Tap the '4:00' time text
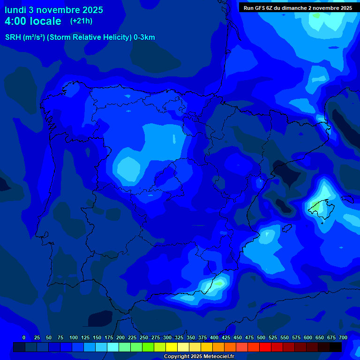click(x=17, y=22)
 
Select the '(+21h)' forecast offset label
click(x=81, y=21)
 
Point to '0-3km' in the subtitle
click(x=144, y=37)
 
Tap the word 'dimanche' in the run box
click(x=294, y=8)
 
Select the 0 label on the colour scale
click(x=24, y=337)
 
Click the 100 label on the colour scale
click(x=74, y=337)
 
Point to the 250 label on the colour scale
click(x=144, y=337)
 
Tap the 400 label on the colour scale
click(x=214, y=337)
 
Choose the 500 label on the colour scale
click(x=261, y=337)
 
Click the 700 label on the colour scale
click(x=343, y=337)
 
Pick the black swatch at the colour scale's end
click(x=336, y=347)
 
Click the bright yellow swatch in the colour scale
click(x=172, y=347)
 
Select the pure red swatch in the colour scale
click(x=265, y=347)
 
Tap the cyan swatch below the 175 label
click(x=113, y=347)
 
